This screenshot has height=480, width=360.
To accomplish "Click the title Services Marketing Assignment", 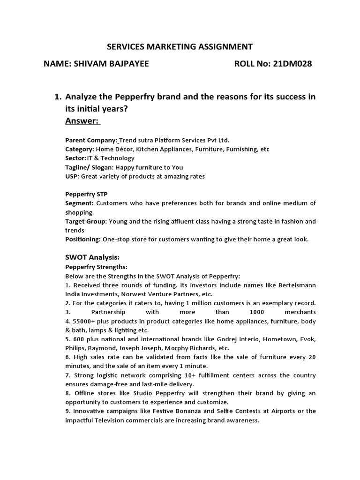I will click(180, 46).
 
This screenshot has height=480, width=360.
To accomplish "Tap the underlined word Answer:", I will click(82, 121).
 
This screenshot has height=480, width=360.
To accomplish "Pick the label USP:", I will click(72, 176).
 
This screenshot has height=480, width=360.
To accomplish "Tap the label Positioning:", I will click(82, 239).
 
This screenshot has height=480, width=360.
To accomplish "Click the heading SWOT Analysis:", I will click(92, 257).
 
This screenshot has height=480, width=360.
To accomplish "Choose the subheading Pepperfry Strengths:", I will click(93, 267).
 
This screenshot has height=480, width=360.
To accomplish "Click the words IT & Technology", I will click(111, 158).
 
